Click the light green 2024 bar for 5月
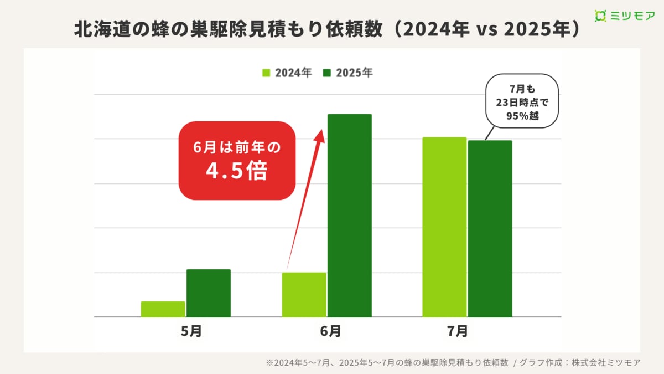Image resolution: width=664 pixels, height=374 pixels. coord(163,309)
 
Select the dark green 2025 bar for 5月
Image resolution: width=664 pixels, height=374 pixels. coord(209,293)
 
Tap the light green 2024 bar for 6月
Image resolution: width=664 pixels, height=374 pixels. coord(304,295)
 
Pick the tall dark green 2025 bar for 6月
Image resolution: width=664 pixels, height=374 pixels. coord(349,216)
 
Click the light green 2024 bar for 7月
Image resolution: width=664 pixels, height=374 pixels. coord(444,227)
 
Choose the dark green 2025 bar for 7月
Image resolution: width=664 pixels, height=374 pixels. coord(490,229)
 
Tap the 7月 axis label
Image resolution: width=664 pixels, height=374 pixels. coord(457,331)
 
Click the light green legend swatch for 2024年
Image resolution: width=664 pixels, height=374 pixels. coord(266,73)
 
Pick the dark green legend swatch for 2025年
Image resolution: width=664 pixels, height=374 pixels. coord(327,73)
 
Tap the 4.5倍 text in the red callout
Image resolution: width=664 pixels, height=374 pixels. coord(237,172)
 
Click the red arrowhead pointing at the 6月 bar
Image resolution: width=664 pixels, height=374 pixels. coord(320,135)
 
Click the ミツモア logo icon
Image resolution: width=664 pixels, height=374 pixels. coord(600,16)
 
